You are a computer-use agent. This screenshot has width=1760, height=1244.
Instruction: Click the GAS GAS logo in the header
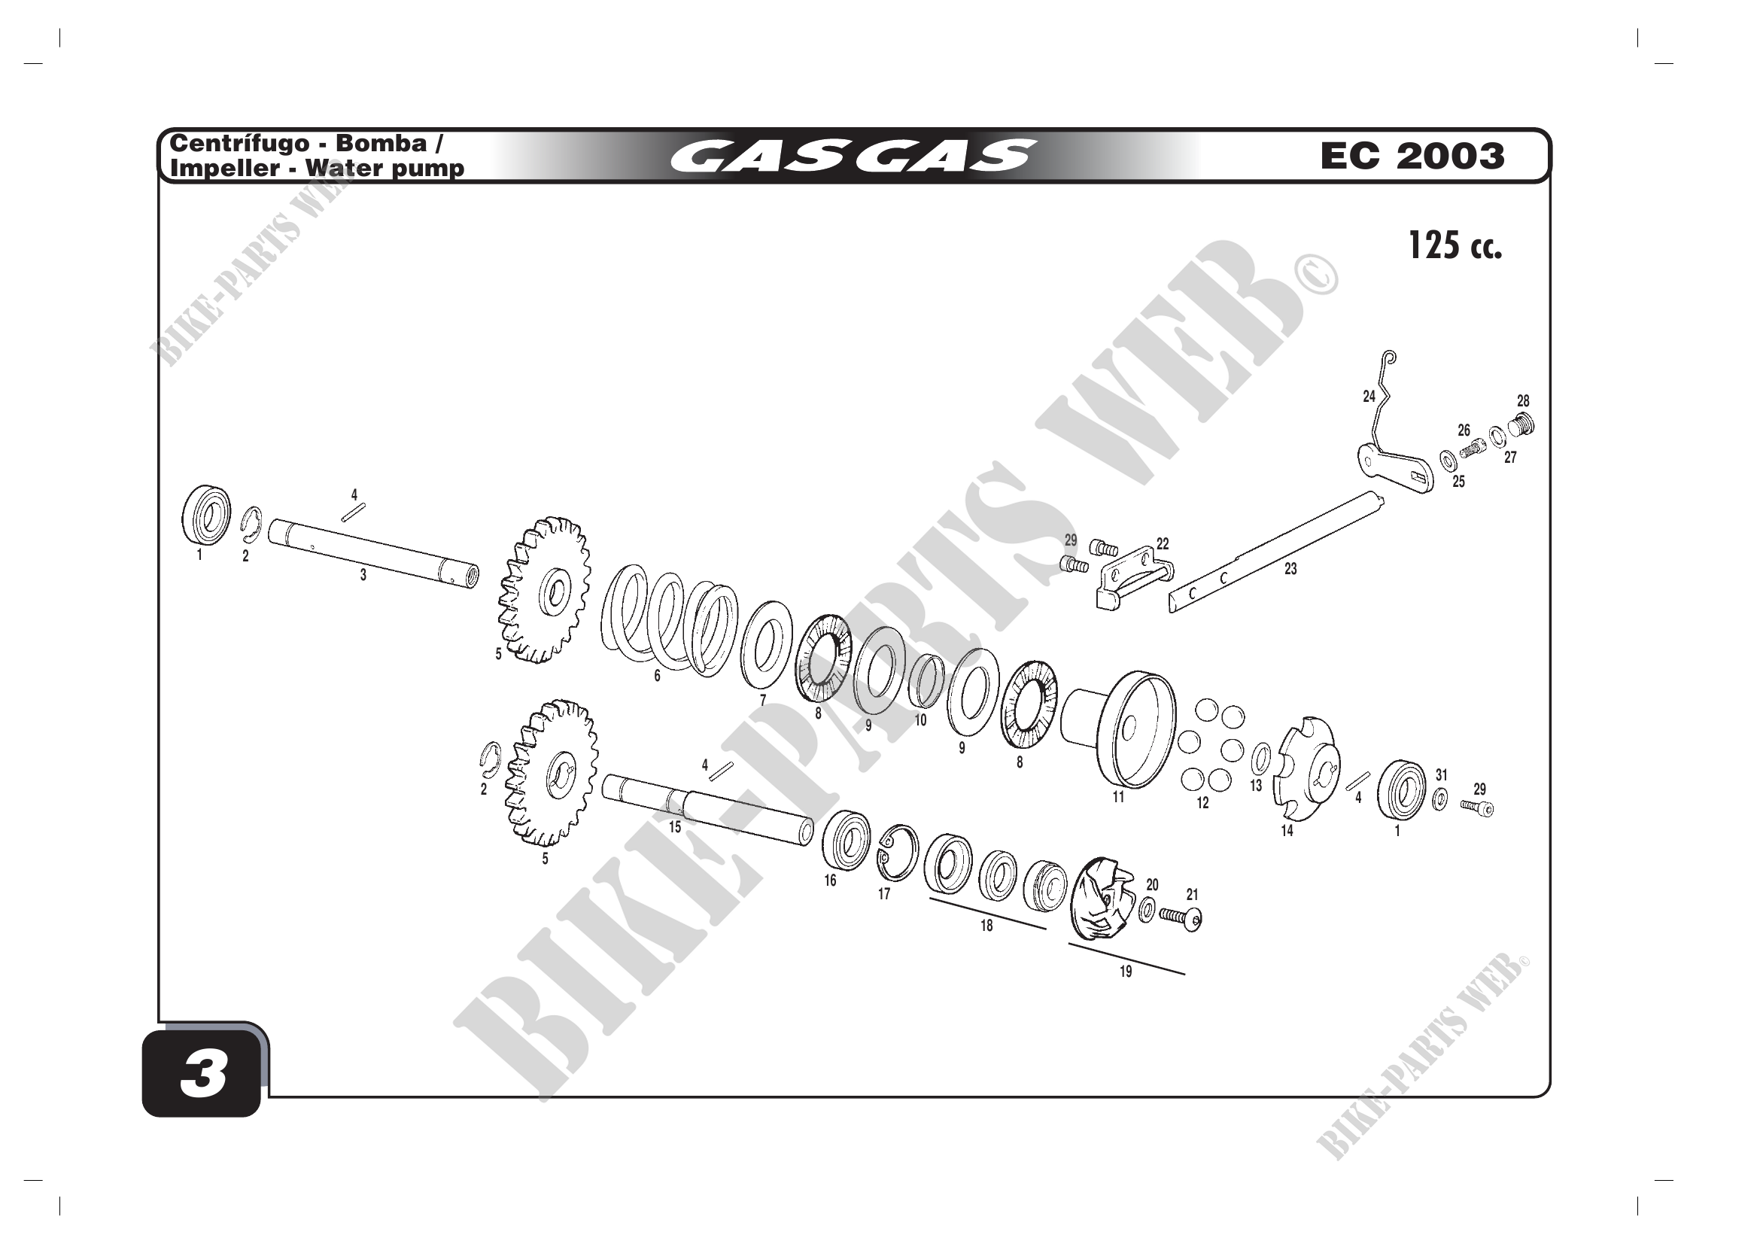point(853,156)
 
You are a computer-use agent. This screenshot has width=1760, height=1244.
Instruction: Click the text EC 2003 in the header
point(1412,157)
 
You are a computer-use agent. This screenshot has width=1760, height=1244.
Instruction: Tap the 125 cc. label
point(1455,246)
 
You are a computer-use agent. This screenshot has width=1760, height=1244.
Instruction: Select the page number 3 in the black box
point(203,1074)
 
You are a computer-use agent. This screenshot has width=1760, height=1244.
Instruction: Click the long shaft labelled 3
point(374,553)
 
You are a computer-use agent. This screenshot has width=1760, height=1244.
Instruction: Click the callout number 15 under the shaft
point(674,827)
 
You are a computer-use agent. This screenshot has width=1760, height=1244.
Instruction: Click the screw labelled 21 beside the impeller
point(1181,917)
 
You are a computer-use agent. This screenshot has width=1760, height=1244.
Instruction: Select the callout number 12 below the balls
point(1202,802)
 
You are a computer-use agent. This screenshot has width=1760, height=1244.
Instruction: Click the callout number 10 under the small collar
point(920,719)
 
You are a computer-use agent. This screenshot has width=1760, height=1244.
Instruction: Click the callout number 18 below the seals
point(986,925)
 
